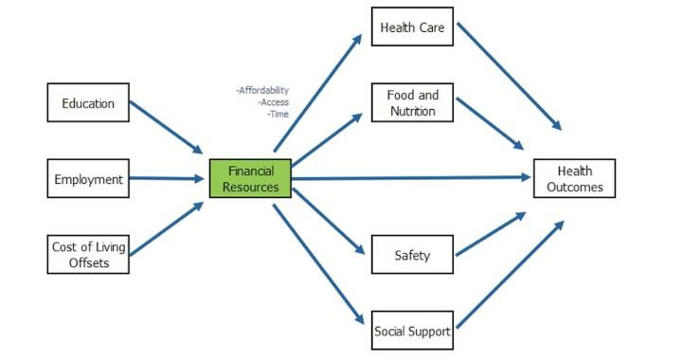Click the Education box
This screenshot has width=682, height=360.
click(x=88, y=102)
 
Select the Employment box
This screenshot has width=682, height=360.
click(x=88, y=178)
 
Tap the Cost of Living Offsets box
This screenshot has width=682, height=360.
click(x=88, y=254)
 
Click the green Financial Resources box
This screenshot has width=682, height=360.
click(x=251, y=179)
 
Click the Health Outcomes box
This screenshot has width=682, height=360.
click(x=574, y=179)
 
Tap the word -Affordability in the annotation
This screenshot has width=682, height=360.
click(x=262, y=91)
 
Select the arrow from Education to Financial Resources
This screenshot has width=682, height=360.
click(x=166, y=128)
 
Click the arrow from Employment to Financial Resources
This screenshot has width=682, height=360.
click(x=166, y=178)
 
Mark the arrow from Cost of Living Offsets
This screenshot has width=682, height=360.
click(x=166, y=228)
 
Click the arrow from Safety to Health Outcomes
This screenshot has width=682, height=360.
click(x=490, y=234)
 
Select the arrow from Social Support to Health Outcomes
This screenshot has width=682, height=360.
click(x=508, y=278)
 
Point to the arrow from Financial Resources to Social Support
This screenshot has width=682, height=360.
click(x=316, y=265)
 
